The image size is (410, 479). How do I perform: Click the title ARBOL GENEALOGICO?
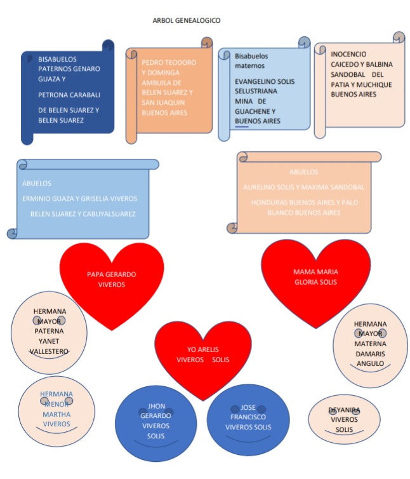pos(187,20)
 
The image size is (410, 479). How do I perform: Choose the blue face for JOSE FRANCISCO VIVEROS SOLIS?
pos(248,418)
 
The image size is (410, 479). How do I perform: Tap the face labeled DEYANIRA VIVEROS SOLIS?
pos(344,420)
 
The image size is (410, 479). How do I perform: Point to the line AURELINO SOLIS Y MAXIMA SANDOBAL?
pos(303,187)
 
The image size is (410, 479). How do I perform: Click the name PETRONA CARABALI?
pos(69,95)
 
